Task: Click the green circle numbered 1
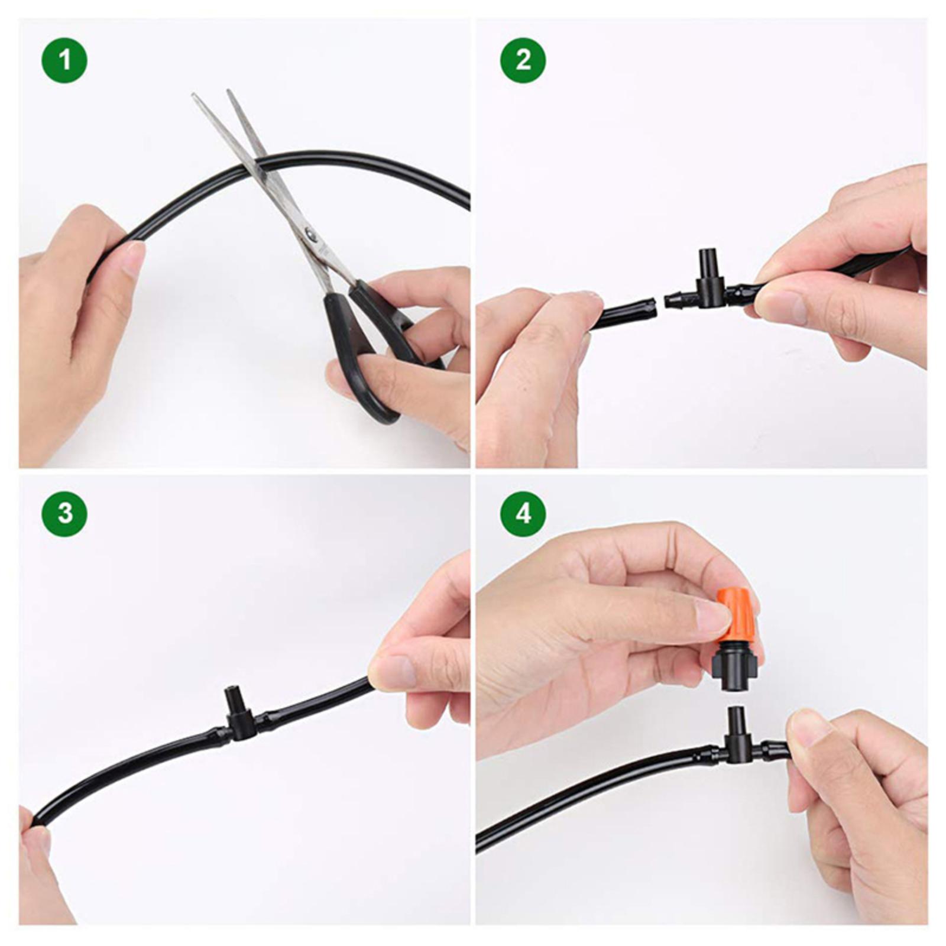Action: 64,60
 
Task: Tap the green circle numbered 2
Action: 523,60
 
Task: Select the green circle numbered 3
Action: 64,513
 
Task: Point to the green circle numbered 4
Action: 523,513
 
